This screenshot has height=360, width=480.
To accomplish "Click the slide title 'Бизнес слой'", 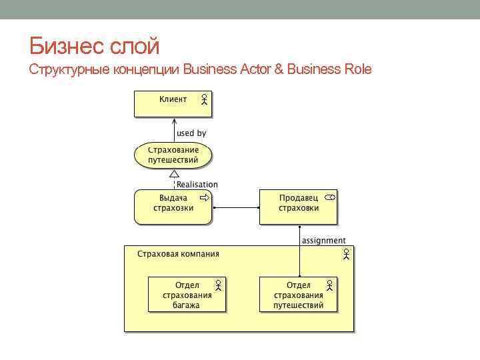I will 95,46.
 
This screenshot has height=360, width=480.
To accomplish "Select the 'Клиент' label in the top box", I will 173,99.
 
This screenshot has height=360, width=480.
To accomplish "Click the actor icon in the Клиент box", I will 204,100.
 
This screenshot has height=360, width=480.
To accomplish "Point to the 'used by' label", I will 191,133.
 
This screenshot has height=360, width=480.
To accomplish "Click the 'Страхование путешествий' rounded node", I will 173,155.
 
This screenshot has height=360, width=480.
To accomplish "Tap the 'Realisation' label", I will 197,185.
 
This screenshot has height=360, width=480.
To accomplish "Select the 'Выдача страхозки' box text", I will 173,203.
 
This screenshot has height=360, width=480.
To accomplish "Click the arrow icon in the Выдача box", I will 205,198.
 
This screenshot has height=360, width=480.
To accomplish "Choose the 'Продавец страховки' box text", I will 299,203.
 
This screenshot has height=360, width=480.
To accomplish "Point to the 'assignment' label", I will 324,241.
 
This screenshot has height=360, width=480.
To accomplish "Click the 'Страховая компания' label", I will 178,254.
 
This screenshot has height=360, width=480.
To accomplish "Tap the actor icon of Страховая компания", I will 347,254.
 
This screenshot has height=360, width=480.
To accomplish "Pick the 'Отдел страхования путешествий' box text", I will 298,295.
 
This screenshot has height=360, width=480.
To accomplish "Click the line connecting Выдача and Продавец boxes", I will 235,207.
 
